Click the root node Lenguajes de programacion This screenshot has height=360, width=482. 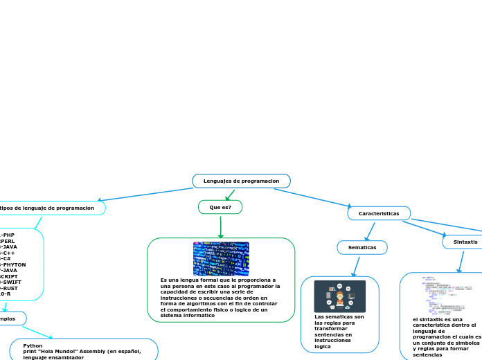[x=241, y=181]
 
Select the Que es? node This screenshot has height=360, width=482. [x=220, y=207]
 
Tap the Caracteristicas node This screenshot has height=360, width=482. [x=379, y=213]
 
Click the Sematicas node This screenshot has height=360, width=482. [x=362, y=247]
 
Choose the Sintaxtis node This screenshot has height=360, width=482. [x=465, y=242]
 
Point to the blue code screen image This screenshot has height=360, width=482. [x=221, y=258]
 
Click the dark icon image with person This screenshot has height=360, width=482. [x=340, y=296]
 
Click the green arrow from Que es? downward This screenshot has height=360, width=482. [x=220, y=226]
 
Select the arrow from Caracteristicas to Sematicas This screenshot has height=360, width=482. [x=370, y=231]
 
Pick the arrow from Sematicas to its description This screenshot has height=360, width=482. [x=356, y=267]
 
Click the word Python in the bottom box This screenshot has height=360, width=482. [x=33, y=345]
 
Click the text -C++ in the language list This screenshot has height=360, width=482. [x=8, y=253]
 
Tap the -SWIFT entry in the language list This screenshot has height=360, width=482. [x=10, y=282]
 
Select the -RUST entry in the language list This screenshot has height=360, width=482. [x=9, y=288]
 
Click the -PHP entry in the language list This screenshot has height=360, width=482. [x=8, y=235]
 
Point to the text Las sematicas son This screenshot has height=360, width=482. [x=339, y=316]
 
